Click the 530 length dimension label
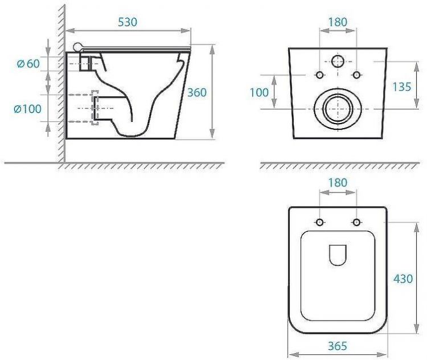click(128, 22)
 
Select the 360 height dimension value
click(197, 93)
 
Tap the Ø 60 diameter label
click(28, 64)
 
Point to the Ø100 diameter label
click(27, 109)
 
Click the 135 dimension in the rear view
click(402, 87)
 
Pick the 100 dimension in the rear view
click(259, 93)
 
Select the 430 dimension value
click(403, 279)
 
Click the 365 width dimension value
click(338, 346)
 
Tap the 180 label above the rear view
click(338, 22)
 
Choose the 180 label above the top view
click(338, 183)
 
